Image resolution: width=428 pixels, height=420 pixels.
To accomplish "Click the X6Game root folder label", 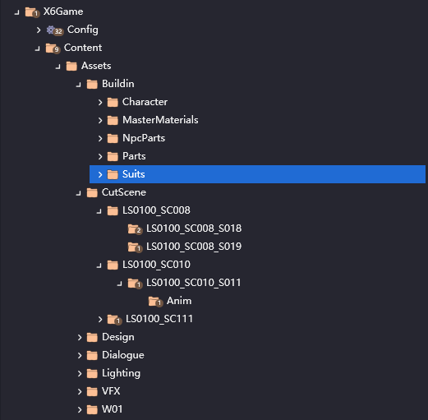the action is (63, 12).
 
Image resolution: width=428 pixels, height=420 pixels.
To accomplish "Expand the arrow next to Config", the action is (39, 30).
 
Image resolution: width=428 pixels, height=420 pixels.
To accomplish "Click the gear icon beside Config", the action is (50, 30).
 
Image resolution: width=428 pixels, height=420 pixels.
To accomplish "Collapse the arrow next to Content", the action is (38, 48).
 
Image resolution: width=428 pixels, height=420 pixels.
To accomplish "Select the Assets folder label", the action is (96, 66).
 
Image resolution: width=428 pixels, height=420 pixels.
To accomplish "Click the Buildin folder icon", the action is (92, 84).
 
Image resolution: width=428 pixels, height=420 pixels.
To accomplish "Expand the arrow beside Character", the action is (100, 102).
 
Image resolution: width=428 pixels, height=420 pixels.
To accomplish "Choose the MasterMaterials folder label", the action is (160, 120).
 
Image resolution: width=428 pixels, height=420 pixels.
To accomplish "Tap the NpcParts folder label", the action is (144, 138).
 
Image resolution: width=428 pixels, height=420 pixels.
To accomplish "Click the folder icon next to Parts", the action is (113, 156).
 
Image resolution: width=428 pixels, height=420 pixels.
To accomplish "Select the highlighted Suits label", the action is (134, 174).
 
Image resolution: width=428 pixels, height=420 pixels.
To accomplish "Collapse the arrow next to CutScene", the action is (79, 193).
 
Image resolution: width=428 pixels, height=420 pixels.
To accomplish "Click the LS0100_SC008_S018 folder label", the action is (194, 228).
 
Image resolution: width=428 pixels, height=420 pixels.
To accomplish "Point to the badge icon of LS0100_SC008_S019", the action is (139, 248).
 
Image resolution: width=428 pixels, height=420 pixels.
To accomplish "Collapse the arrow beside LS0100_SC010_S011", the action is (120, 284).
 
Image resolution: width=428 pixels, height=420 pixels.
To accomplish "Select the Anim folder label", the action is (179, 301).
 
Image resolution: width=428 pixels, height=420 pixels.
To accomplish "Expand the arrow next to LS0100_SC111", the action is (100, 319).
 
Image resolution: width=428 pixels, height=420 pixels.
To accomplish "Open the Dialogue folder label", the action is (123, 355).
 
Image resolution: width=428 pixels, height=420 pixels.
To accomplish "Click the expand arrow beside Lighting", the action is (80, 373).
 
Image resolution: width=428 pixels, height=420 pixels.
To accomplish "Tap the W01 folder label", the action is (112, 409).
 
